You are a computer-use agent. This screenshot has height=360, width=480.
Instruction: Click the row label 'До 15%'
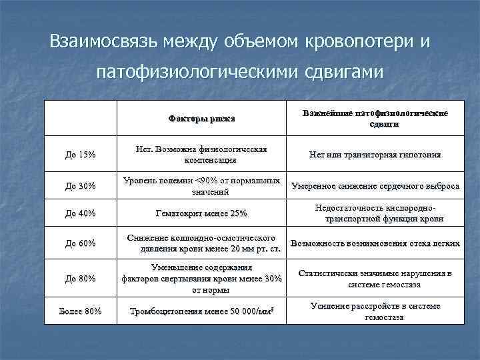[x=81, y=155]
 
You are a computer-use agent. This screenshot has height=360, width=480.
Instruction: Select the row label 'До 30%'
[x=81, y=186]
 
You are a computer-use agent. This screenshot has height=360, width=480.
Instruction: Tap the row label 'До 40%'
[x=81, y=213]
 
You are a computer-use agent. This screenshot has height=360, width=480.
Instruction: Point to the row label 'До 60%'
[x=81, y=244]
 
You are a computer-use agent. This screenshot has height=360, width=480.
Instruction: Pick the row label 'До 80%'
[x=81, y=278]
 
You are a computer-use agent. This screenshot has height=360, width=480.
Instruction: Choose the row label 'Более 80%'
[x=81, y=311]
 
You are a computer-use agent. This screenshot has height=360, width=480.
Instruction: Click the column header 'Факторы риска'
[x=201, y=119]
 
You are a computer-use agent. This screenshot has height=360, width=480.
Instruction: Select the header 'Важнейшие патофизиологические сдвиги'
[x=375, y=119]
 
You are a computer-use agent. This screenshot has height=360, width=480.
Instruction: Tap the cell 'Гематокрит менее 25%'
[x=201, y=213]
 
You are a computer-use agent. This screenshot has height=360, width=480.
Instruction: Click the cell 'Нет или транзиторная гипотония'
[x=375, y=155]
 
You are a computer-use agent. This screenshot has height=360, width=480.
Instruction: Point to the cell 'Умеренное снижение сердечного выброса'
[x=375, y=186]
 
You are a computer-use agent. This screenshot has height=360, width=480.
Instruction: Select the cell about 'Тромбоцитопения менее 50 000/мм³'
[x=201, y=311]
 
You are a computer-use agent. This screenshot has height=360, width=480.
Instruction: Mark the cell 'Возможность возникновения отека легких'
[x=375, y=244]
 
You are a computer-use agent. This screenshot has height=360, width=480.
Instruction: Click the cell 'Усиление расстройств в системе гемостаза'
[x=375, y=311]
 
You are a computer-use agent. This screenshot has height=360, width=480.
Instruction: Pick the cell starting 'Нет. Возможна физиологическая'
[x=201, y=155]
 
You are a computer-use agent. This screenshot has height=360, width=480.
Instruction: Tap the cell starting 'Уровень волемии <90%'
[x=201, y=186]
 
